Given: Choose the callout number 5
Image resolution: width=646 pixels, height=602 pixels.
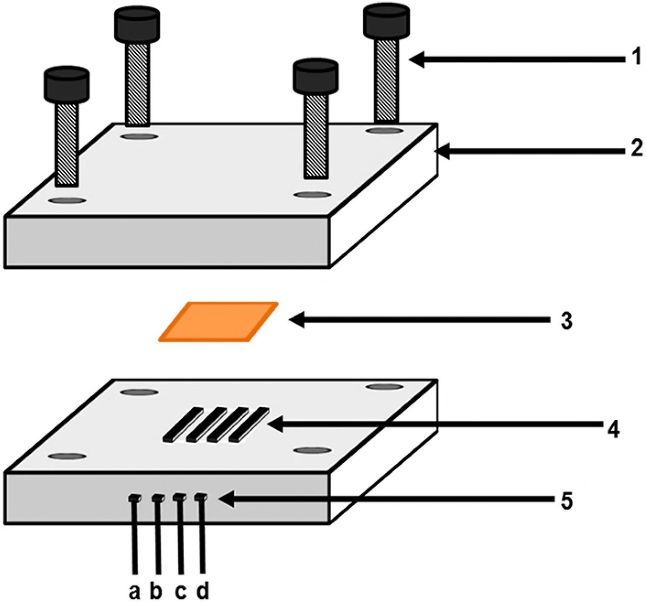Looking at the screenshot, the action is click(x=566, y=502).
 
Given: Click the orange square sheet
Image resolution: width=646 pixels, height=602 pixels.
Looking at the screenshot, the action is click(x=218, y=321).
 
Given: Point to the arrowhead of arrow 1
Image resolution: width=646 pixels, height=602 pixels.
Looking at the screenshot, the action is click(x=417, y=60).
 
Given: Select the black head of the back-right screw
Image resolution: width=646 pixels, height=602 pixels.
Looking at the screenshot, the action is click(x=386, y=23).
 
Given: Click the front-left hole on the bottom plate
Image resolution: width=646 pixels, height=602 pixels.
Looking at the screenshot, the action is click(x=67, y=456).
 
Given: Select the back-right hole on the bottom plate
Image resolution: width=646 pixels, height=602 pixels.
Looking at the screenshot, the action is click(x=385, y=387).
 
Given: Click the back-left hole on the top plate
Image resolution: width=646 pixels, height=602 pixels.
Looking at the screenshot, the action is click(x=139, y=136).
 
